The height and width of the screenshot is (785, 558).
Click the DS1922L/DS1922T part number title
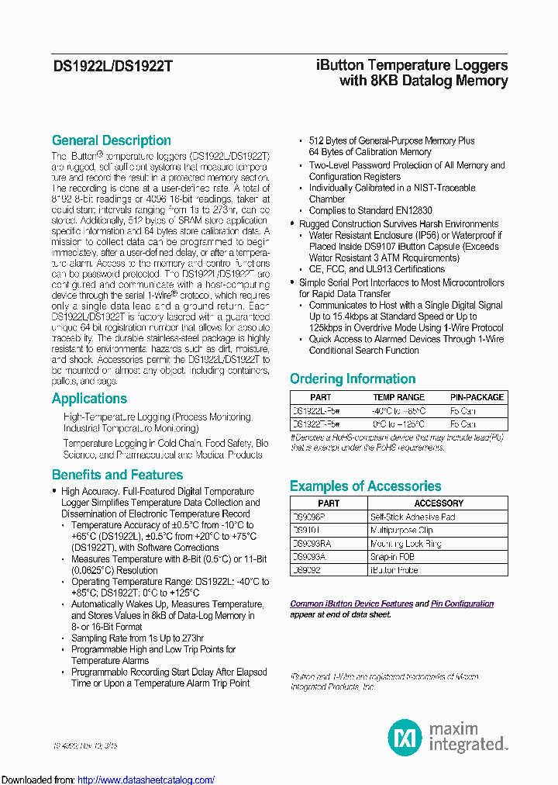click(112, 67)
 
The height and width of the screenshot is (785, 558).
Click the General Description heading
click(111, 140)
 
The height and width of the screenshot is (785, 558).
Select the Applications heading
click(89, 399)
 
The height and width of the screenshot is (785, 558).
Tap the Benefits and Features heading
click(117, 475)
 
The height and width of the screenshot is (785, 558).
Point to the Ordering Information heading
click(353, 379)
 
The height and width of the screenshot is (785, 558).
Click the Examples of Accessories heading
click(365, 486)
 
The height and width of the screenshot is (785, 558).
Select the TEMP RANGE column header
click(399, 397)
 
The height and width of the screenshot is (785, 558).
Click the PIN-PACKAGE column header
click(477, 397)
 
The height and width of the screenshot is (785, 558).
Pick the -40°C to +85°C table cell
click(399, 410)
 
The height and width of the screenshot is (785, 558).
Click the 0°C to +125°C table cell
click(399, 424)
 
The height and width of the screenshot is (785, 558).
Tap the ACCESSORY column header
click(439, 503)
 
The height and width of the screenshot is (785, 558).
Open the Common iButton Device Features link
click(351, 603)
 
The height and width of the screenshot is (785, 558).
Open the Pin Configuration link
click(462, 603)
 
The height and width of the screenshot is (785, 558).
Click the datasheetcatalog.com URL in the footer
click(146, 780)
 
